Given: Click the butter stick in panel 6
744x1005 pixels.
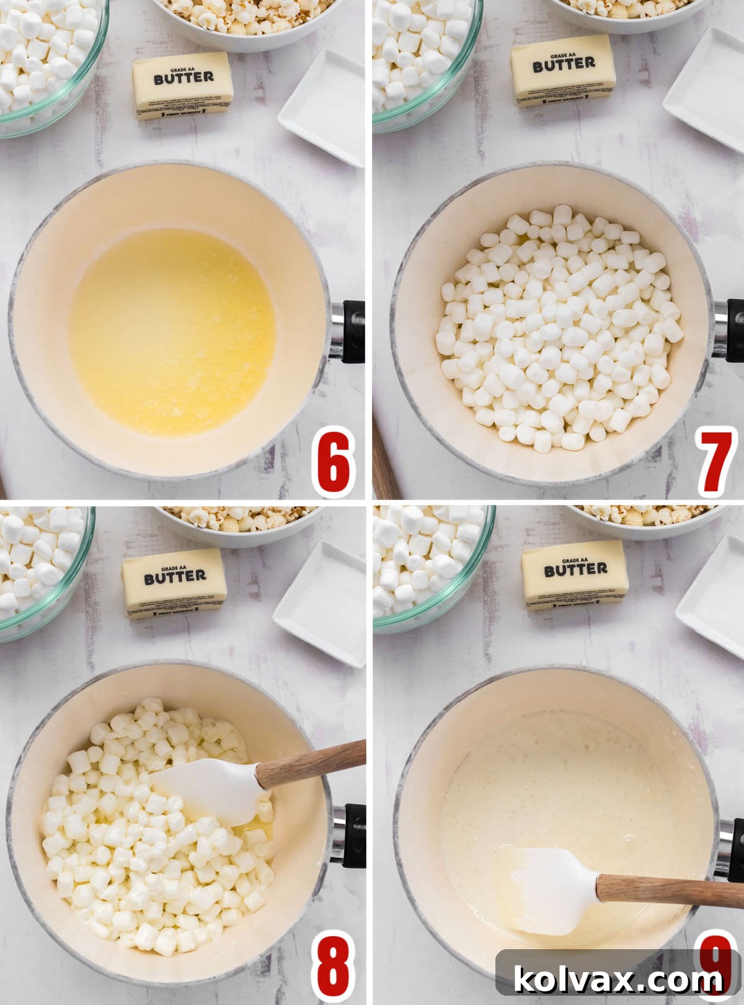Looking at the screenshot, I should point(183,85).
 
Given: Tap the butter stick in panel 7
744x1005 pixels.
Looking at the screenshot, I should point(563,70).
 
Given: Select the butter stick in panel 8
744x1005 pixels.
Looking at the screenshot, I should point(174,583).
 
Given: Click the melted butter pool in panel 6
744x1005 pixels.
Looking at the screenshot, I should point(172,332).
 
